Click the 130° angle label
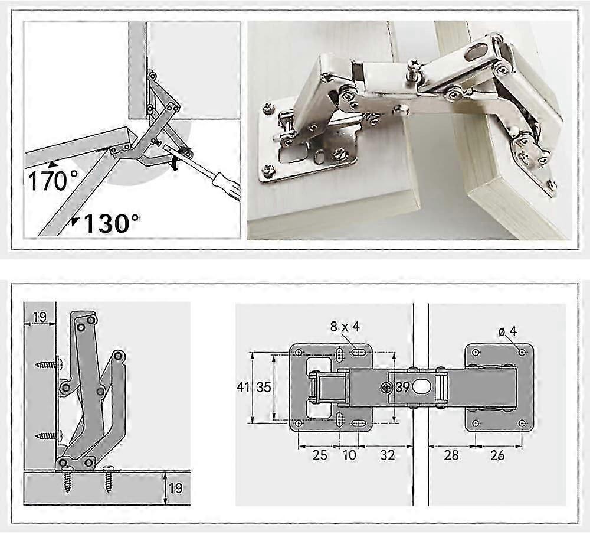112,223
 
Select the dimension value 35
264,388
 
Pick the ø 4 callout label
507,331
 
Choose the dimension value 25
320,455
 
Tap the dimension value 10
349,455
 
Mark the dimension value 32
387,455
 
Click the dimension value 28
451,455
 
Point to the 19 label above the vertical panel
40,318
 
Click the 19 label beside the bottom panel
175,488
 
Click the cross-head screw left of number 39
387,388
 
